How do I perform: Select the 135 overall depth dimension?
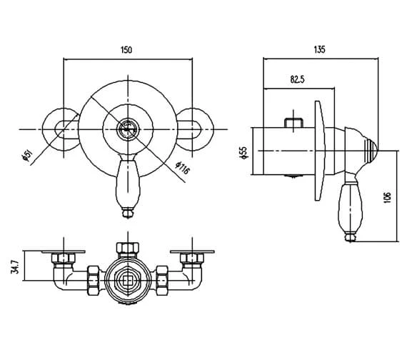319,49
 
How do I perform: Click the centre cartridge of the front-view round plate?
126,130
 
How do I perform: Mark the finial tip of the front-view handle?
126,211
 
